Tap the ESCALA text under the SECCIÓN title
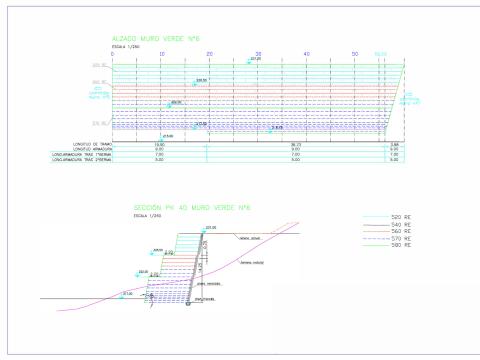(147, 217)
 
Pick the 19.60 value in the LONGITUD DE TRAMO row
(159, 145)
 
